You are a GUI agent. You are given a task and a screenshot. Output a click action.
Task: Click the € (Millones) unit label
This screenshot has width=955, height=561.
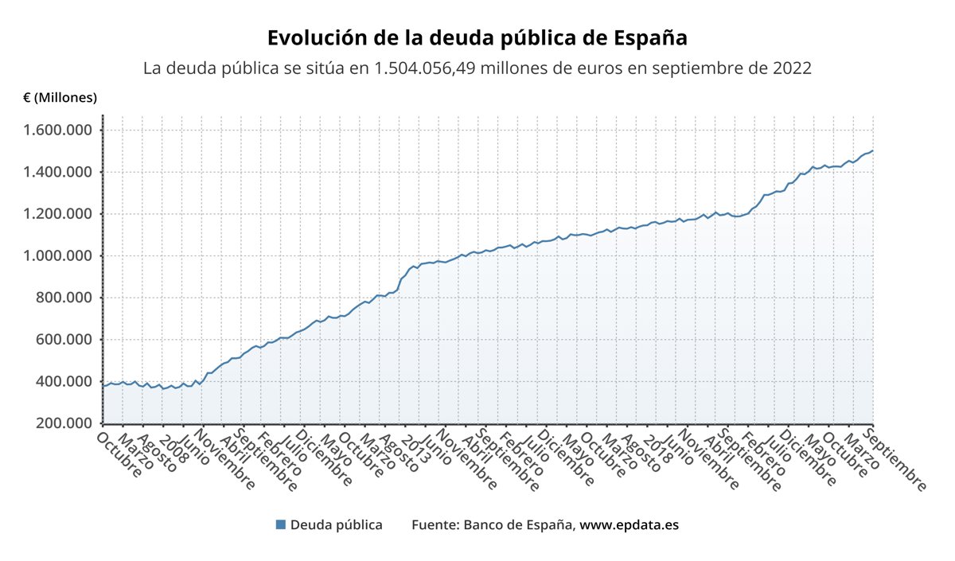click(x=60, y=97)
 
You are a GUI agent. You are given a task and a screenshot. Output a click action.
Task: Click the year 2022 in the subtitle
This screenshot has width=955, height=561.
click(x=792, y=68)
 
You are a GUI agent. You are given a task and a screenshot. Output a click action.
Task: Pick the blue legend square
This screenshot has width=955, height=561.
click(x=280, y=525)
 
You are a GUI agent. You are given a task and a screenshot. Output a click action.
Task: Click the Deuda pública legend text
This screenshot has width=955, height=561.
click(x=336, y=525)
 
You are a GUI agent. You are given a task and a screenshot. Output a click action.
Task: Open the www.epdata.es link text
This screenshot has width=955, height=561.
click(x=629, y=525)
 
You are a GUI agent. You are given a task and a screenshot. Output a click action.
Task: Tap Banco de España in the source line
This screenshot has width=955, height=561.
click(x=518, y=525)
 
